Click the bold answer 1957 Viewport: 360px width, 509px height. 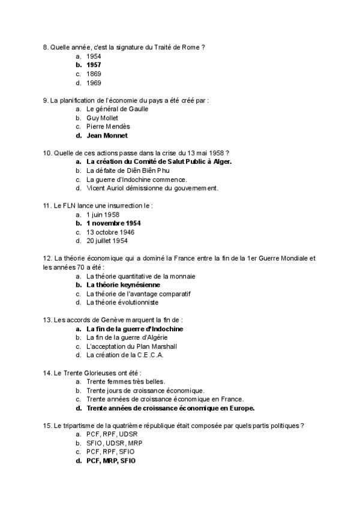pyautogui.click(x=94, y=65)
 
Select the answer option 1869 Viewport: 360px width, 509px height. pyautogui.click(x=94, y=74)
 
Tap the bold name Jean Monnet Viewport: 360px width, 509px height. pyautogui.click(x=107, y=136)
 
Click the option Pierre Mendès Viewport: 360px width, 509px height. pyautogui.click(x=108, y=127)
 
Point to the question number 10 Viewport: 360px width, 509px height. pyautogui.click(x=47, y=153)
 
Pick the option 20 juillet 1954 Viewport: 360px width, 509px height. pyautogui.click(x=107, y=241)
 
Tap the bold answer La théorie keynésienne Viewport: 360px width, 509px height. pyautogui.click(x=123, y=285)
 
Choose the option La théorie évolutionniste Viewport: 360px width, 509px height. pyautogui.click(x=122, y=303)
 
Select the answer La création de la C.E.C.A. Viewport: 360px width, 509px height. pyautogui.click(x=125, y=355)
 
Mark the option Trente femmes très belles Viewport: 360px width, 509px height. pyautogui.click(x=125, y=382)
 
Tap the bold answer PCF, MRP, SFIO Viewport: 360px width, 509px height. pyautogui.click(x=111, y=461)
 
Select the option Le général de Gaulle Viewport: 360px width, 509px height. pyautogui.click(x=118, y=109)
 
